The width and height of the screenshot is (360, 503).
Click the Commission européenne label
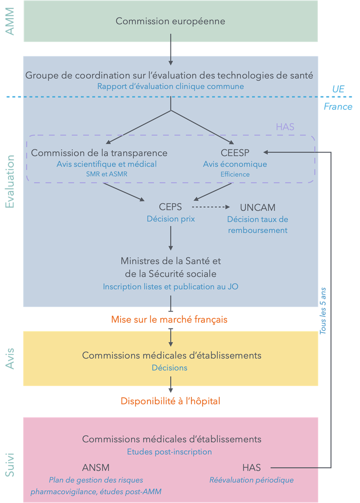170,21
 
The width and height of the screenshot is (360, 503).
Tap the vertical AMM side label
10,21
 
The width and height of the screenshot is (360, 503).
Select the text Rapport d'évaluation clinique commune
170,87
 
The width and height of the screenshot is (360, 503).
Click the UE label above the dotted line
338,89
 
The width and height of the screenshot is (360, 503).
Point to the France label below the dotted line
338,106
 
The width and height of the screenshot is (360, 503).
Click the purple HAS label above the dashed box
285,127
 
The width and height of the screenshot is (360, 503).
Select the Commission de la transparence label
99,153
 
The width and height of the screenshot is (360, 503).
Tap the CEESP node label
235,153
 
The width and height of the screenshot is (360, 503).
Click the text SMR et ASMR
107,174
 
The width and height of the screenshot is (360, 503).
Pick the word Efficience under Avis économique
235,174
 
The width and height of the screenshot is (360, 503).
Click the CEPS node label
170,207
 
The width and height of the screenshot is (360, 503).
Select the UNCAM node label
257,207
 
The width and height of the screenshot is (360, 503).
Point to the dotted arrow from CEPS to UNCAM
211,207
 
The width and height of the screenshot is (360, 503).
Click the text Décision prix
171,219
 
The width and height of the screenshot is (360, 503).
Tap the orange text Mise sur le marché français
169,320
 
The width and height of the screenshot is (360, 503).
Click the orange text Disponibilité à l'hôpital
170,401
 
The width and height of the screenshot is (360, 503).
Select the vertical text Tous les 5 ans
323,311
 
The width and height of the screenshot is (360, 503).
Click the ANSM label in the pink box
96,468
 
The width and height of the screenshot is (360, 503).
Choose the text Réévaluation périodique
251,480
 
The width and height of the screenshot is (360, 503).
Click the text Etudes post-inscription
169,452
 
